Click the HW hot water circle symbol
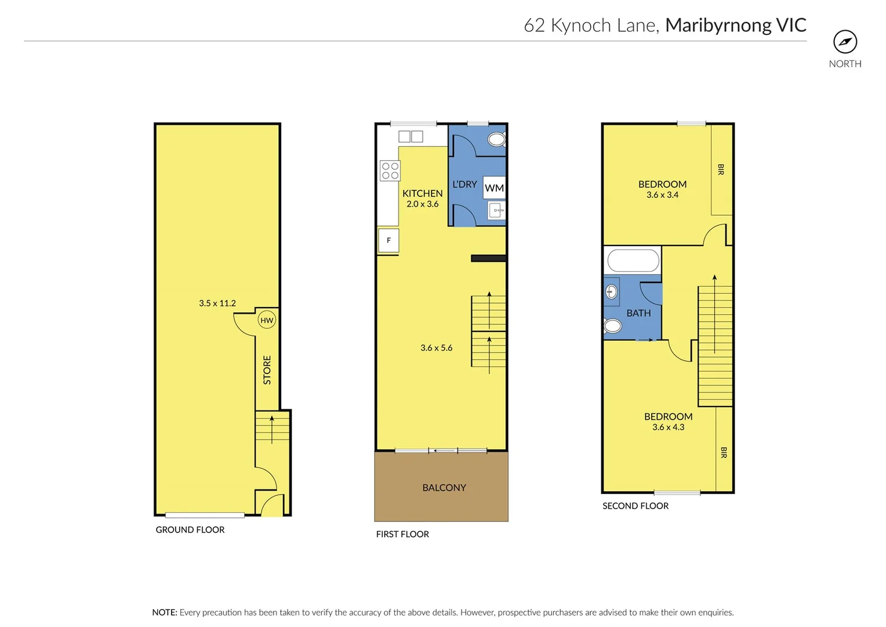(x=267, y=320)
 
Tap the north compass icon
(x=845, y=42)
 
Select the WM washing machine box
(x=494, y=188)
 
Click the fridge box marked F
(x=388, y=240)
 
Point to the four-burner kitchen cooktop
(x=390, y=171)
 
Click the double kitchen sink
(x=411, y=136)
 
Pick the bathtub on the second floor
(x=633, y=261)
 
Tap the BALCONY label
(x=444, y=488)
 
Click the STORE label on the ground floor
(x=267, y=370)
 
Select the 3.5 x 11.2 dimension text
(x=217, y=303)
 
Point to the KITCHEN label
(x=422, y=193)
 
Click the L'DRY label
(x=464, y=184)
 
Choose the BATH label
(x=638, y=313)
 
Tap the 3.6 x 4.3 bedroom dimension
(x=668, y=427)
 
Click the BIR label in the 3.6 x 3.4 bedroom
(x=721, y=170)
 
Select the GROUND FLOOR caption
(x=190, y=529)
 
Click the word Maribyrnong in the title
(x=718, y=25)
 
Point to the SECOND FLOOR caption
(x=636, y=506)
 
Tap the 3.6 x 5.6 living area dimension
(x=436, y=348)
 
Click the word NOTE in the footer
(x=164, y=612)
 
